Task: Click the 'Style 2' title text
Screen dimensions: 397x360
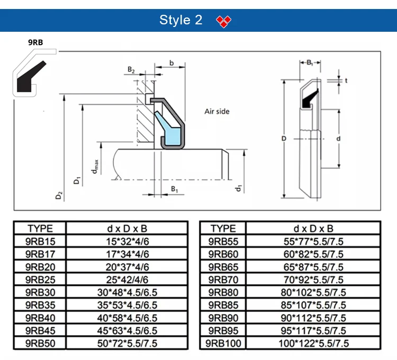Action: (x=181, y=20)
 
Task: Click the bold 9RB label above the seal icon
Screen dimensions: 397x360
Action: (x=35, y=42)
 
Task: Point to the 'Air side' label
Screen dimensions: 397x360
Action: (x=217, y=111)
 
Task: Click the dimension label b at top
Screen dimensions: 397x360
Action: (x=172, y=63)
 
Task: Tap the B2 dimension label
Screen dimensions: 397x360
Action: (x=131, y=70)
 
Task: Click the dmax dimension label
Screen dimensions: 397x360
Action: (x=95, y=167)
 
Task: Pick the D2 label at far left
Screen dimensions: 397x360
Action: (x=58, y=195)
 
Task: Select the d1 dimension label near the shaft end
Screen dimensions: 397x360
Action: (x=238, y=188)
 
